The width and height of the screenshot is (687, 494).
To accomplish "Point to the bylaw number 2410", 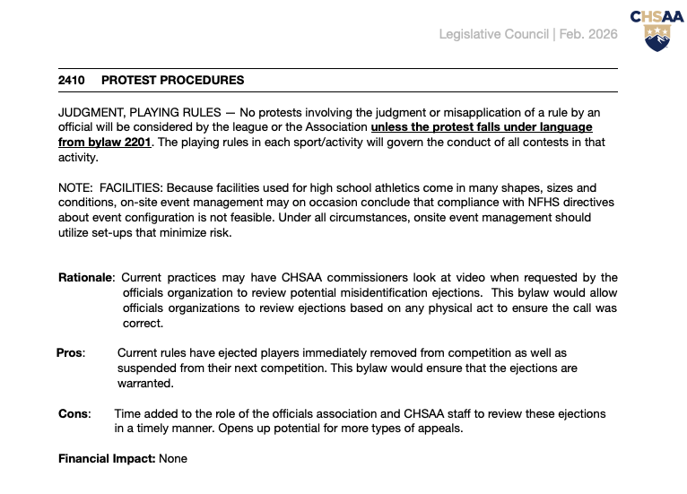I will pos(71,81).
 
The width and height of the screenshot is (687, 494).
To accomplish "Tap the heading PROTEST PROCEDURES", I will pos(172,81).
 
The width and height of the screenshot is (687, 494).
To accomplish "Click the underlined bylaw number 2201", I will pos(134,142).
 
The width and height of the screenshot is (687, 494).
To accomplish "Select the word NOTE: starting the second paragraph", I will pos(75,187).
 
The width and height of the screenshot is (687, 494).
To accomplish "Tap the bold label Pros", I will pos(69,353).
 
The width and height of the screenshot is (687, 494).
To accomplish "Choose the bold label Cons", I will pos(74,413).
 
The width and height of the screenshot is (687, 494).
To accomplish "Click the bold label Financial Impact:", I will pos(107,459).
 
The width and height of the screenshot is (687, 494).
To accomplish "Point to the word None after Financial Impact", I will pos(173,459).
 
